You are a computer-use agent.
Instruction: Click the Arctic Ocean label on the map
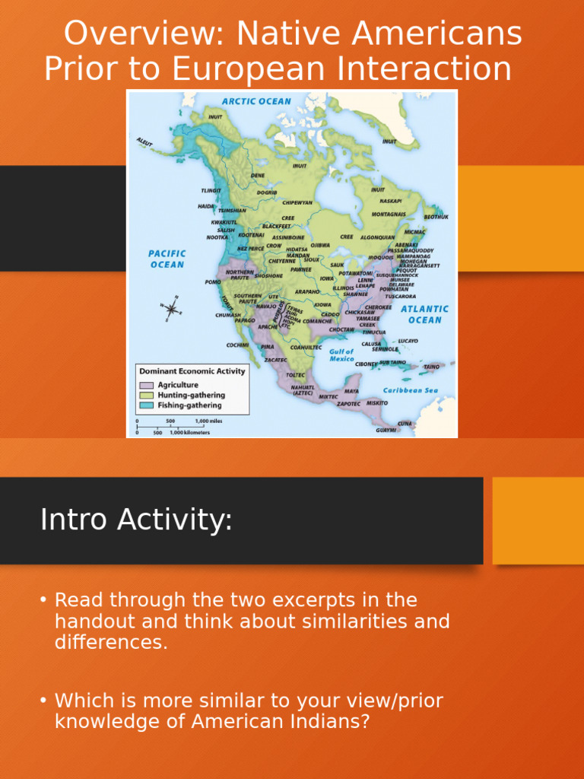pyautogui.click(x=256, y=101)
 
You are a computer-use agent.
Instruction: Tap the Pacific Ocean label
pyautogui.click(x=167, y=259)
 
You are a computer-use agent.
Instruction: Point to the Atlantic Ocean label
pyautogui.click(x=424, y=314)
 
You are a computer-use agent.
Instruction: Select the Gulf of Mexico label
pyautogui.click(x=341, y=355)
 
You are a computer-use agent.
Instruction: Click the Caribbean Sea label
pyautogui.click(x=410, y=390)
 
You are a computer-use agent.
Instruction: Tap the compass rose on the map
pyautogui.click(x=172, y=308)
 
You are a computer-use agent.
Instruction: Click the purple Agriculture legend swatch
pyautogui.click(x=146, y=385)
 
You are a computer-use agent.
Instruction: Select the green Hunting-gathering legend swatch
pyautogui.click(x=146, y=396)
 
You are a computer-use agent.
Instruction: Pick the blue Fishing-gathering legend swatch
pyautogui.click(x=146, y=405)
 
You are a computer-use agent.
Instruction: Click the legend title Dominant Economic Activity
pyautogui.click(x=192, y=371)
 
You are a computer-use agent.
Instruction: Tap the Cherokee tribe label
pyautogui.click(x=378, y=307)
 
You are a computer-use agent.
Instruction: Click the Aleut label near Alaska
pyautogui.click(x=144, y=141)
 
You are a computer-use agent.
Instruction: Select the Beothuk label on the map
pyautogui.click(x=436, y=217)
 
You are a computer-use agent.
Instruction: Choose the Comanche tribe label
pyautogui.click(x=317, y=321)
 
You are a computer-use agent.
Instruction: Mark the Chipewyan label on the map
pyautogui.click(x=297, y=202)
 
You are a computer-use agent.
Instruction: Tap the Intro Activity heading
pyautogui.click(x=136, y=520)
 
